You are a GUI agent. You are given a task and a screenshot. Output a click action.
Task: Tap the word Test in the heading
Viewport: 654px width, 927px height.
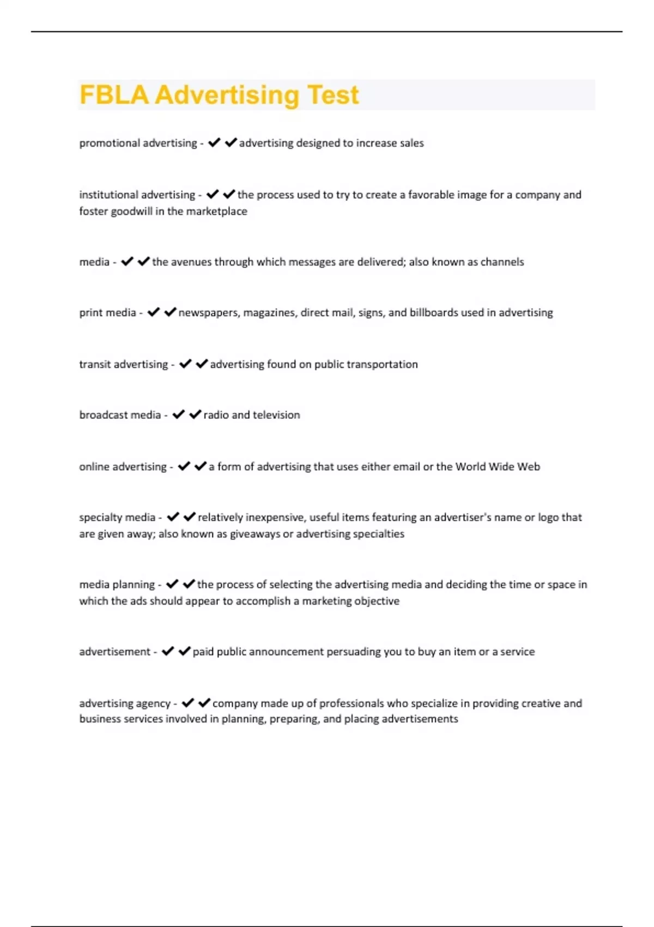pos(332,95)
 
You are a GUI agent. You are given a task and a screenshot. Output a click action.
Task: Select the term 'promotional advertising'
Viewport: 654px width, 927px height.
pos(138,143)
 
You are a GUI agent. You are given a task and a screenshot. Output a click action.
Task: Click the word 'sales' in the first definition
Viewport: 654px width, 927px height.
pos(411,143)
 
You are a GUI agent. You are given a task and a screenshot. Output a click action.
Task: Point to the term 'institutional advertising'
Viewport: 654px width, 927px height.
pos(137,195)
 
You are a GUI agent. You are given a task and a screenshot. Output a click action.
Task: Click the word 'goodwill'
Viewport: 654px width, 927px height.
pos(131,211)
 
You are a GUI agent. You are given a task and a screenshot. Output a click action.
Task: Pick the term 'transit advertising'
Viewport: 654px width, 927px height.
pos(123,364)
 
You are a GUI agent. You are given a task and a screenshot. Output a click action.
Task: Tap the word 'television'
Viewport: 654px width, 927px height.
pos(276,415)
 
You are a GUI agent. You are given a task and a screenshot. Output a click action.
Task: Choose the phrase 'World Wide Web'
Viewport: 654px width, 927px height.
pos(498,467)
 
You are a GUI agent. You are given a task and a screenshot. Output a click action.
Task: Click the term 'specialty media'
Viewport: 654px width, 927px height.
pos(117,517)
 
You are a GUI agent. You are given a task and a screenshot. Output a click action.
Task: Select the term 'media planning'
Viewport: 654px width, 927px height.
pos(117,585)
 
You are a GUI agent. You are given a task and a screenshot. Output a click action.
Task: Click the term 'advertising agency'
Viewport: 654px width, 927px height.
pos(125,703)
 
